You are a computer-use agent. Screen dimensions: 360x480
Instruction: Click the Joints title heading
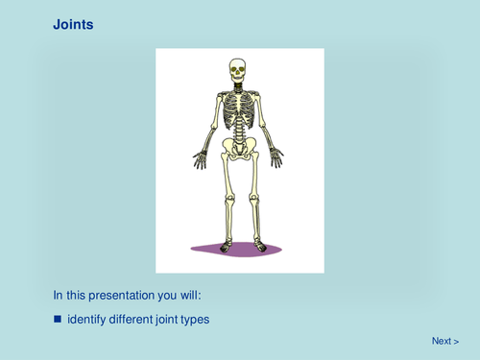(73, 25)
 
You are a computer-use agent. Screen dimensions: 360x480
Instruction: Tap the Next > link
(444, 341)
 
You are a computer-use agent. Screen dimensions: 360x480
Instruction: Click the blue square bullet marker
(57, 319)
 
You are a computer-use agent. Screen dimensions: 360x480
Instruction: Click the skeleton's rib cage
(237, 113)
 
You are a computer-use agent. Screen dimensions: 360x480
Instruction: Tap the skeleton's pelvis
(237, 147)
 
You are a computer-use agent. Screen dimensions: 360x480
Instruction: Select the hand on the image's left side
(200, 158)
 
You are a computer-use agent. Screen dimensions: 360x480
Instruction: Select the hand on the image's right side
(276, 157)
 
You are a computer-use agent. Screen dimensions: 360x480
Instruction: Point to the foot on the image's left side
(226, 247)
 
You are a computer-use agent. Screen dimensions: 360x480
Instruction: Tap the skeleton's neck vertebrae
(237, 87)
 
